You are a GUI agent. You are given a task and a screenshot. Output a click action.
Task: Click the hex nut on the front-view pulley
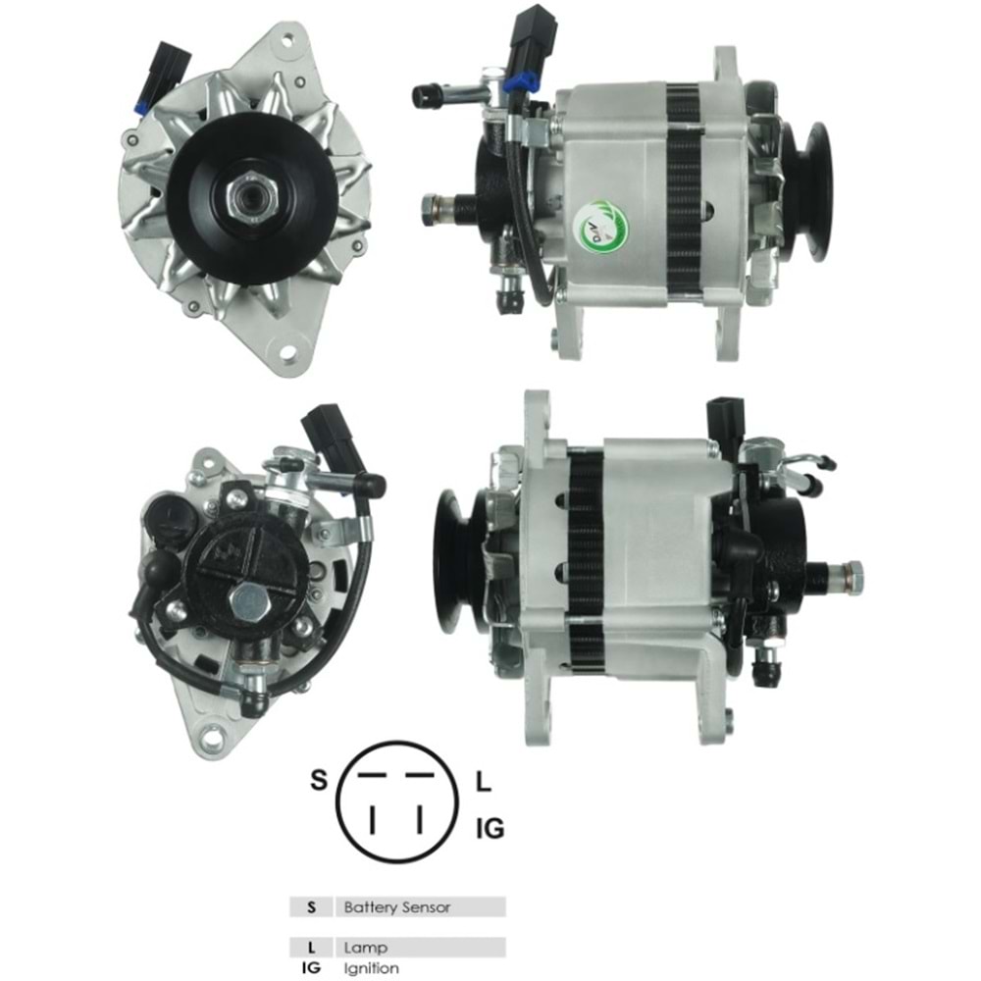244,199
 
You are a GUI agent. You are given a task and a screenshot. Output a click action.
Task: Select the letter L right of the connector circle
483,782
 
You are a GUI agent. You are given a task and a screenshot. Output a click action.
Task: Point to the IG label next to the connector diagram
490,829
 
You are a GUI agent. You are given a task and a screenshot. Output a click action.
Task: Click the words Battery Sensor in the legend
397,907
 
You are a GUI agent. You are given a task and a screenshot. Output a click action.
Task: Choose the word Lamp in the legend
366,948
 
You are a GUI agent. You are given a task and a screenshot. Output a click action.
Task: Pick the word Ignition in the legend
372,968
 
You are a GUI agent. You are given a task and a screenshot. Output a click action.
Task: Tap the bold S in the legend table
312,907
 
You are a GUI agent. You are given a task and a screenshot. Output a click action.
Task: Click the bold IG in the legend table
312,968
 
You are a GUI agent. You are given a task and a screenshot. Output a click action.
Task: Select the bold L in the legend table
312,948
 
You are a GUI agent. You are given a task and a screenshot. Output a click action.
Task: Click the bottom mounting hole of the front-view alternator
288,352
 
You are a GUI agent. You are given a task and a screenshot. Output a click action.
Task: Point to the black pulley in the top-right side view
806,191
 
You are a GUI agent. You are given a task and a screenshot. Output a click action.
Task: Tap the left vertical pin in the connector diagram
372,817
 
